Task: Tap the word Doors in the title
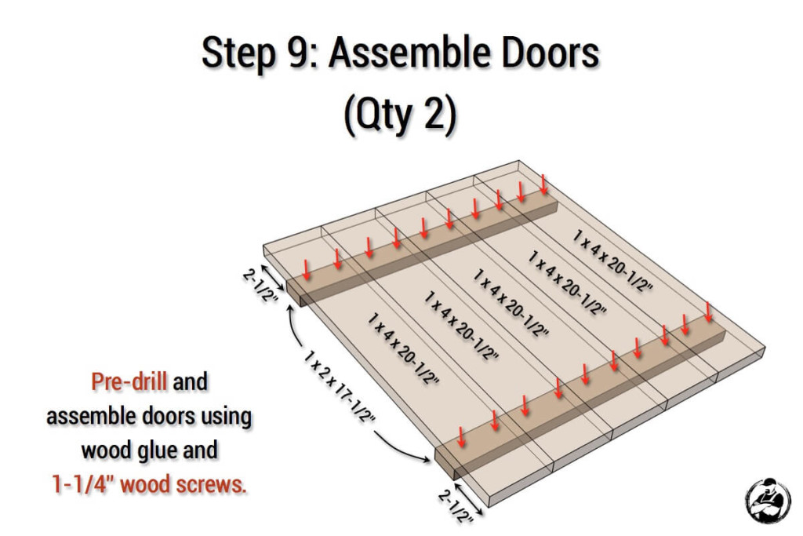pos(550,53)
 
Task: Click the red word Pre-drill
pos(129,381)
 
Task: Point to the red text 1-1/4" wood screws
pos(149,483)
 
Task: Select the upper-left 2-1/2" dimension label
pos(260,285)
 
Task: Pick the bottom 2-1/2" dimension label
pos(456,505)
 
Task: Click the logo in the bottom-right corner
pos(768,500)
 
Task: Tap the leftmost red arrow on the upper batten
pos(307,270)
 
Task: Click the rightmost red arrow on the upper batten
pos(543,184)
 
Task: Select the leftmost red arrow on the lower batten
pos(461,436)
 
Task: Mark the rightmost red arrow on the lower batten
pos(708,312)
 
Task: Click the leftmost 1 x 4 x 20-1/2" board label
pos(403,348)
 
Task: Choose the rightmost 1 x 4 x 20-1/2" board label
pos(612,261)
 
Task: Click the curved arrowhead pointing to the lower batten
pos(426,459)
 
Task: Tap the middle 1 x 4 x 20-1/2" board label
pos(511,304)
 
